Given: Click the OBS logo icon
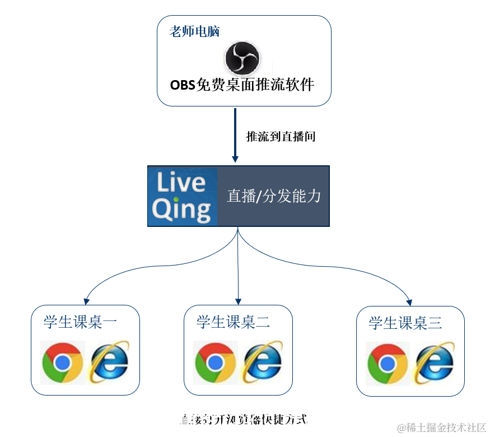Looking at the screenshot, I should [x=242, y=58].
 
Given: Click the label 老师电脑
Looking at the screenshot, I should [x=194, y=32].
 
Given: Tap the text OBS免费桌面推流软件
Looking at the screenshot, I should [x=242, y=85].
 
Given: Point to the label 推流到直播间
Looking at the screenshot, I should [x=281, y=136].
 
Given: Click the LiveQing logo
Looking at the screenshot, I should [x=183, y=196].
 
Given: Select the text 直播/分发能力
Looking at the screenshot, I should [x=274, y=196].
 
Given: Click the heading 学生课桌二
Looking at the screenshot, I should [x=233, y=322].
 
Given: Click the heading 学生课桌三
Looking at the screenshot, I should [x=405, y=323].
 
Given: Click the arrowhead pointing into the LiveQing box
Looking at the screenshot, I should [x=235, y=159].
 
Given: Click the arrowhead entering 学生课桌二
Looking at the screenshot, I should [x=239, y=301].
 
